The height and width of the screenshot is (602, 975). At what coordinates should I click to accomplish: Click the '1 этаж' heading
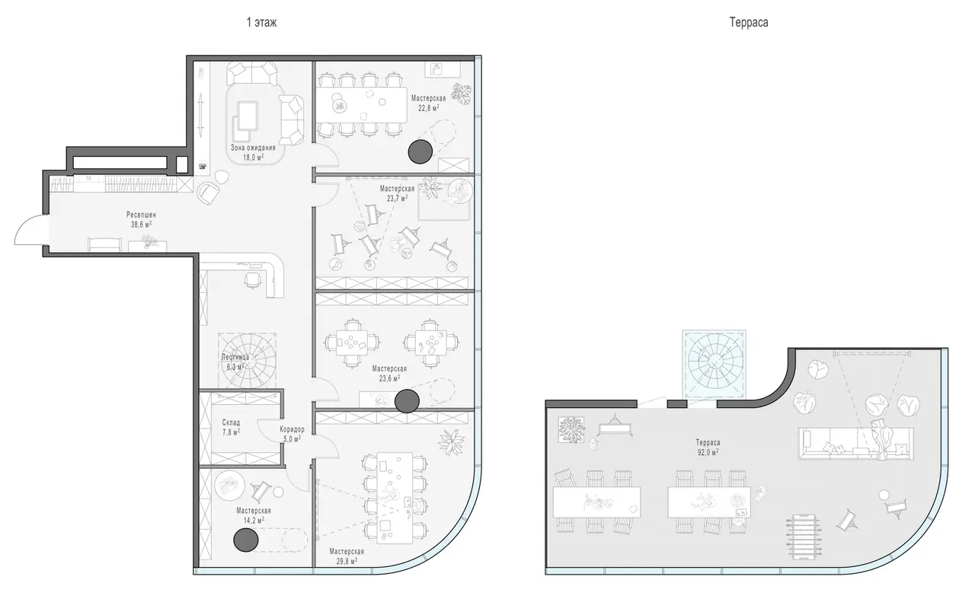coord(261,22)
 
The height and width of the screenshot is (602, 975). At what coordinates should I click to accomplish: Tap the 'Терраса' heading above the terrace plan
coord(749,22)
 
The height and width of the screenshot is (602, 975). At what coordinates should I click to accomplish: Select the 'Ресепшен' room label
coord(141,215)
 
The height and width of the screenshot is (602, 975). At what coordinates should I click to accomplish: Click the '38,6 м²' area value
coord(141,225)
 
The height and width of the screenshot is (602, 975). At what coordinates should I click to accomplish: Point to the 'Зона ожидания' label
coord(253,148)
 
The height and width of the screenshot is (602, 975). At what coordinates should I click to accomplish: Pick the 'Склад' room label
coord(231,422)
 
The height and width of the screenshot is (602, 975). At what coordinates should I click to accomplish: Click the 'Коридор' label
coord(292,429)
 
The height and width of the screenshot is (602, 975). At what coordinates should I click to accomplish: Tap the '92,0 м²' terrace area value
coord(708,452)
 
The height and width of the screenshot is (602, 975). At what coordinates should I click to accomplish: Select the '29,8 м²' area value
coord(347,561)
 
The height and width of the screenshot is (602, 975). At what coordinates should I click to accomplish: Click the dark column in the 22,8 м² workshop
coord(420,151)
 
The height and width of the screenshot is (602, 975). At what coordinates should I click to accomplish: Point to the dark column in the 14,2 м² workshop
coord(246,540)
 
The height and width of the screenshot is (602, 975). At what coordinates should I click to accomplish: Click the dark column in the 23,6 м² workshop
coord(407,401)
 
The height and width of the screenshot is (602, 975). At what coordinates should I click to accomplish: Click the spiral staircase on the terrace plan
coord(714,363)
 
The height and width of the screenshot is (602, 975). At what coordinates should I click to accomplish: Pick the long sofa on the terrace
coord(855,443)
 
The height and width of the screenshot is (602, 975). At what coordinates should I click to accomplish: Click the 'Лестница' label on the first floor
coord(235,357)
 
